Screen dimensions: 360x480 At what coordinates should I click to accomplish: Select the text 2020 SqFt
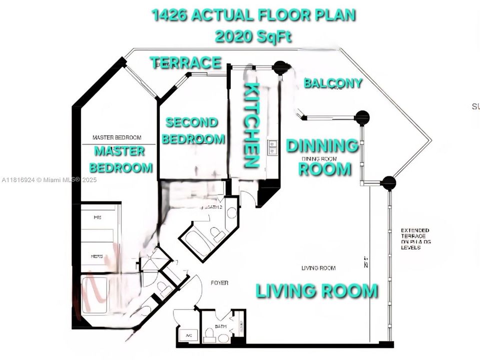pos(254,36)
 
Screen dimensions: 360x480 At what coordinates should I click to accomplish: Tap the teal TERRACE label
pos(186,62)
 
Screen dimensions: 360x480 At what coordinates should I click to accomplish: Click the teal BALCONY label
pos(333,83)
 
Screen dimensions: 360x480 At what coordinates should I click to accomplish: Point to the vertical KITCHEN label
pos(252,125)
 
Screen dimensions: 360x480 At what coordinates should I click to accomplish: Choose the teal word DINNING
pos(322,146)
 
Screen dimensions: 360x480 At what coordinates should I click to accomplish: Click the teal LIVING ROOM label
pos(317,290)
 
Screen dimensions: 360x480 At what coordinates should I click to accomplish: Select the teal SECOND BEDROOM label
pos(192,130)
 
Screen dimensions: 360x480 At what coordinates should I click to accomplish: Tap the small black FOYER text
pos(219,283)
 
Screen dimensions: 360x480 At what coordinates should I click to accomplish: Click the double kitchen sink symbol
pos(273,147)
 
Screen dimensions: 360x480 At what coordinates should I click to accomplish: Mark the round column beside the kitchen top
pos(281,67)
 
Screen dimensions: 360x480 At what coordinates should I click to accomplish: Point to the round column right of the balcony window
pos(361,118)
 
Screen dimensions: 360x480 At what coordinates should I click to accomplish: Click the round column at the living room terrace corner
pos(388,183)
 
